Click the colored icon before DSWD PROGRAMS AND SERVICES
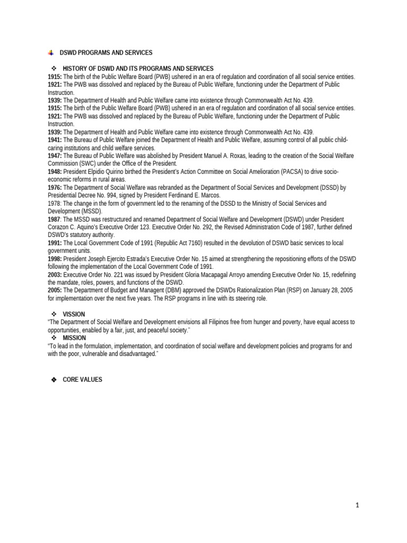click(50, 52)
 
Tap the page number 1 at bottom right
click(358, 505)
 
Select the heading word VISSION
click(74, 314)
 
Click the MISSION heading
click(74, 338)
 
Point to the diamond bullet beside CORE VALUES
click(54, 380)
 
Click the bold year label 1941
click(55, 140)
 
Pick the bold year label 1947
click(55, 156)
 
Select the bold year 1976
click(55, 188)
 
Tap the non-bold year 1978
click(54, 204)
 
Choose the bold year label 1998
click(55, 259)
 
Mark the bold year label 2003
click(55, 275)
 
